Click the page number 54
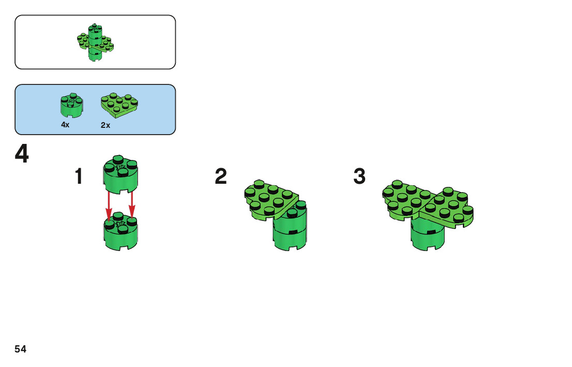coord(21,349)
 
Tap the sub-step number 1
coord(79,177)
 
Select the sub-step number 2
coord(221,177)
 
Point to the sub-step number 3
coord(359,177)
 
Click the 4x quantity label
coord(65,125)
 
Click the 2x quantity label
coord(106,125)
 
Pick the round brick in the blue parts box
coord(71,105)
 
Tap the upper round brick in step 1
coord(121,173)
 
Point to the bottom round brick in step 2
coord(290,240)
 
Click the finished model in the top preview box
coord(95,42)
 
